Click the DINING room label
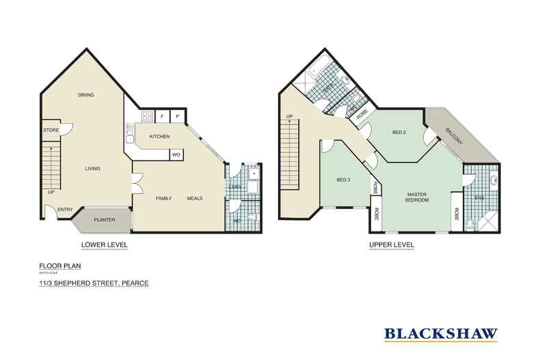point(85,95)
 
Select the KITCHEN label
point(159,137)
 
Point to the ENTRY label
point(65,210)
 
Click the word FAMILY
point(163,198)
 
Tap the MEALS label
point(195,198)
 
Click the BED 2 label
point(399,132)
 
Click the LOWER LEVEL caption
point(104,244)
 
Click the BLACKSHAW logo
point(440,333)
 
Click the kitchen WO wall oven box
point(176,154)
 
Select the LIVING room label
point(92,169)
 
